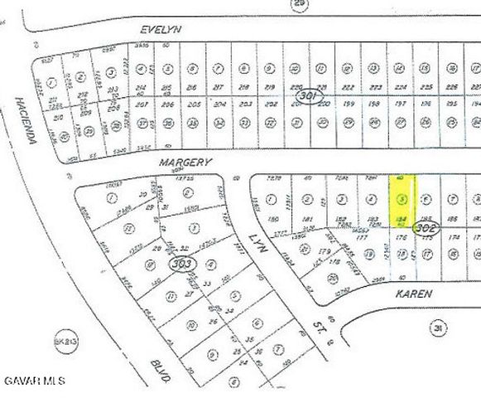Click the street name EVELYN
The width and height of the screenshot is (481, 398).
coord(161,29)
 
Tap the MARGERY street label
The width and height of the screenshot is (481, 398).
coord(185,163)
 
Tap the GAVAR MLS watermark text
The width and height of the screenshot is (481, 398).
coord(33,381)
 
